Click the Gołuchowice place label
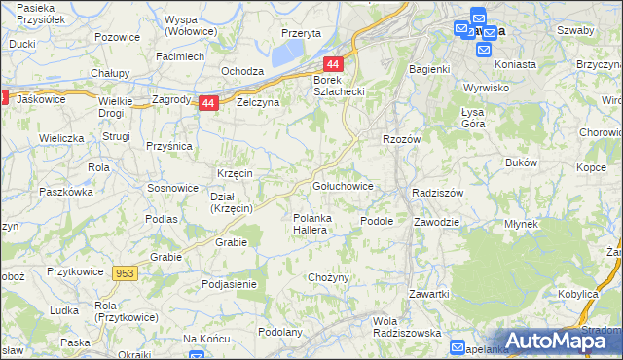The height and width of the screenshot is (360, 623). pyautogui.click(x=342, y=185)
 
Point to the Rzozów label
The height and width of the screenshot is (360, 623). pyautogui.click(x=401, y=139)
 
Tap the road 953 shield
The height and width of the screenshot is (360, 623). pyautogui.click(x=125, y=275)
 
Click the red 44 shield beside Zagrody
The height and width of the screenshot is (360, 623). pyautogui.click(x=207, y=102)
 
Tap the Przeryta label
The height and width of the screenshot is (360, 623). pyautogui.click(x=301, y=32)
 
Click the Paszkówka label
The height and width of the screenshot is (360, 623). pyautogui.click(x=64, y=193)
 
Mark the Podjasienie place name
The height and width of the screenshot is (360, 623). pyautogui.click(x=229, y=284)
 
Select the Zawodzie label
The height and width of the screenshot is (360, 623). pyautogui.click(x=435, y=221)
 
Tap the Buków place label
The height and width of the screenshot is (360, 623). pyautogui.click(x=522, y=162)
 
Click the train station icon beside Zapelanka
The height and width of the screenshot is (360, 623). pyautogui.click(x=458, y=347)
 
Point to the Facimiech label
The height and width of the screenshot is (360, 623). pyautogui.click(x=180, y=56)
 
